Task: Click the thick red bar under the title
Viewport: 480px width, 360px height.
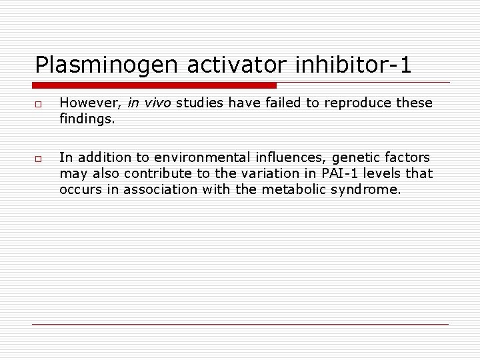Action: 154,85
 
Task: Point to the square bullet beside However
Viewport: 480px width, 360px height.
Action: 40,105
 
